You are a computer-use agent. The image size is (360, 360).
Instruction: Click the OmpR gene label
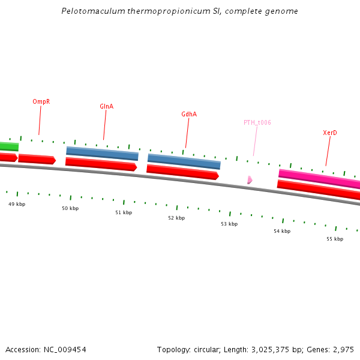[x=41, y=101]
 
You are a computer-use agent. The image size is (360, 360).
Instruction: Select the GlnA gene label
[x=106, y=106]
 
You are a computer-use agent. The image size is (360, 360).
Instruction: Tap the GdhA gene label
[x=189, y=114]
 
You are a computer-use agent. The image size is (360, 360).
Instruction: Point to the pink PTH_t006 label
[x=257, y=122]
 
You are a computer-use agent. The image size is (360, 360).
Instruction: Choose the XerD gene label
[x=329, y=133]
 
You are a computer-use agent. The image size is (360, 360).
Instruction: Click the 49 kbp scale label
[x=17, y=204]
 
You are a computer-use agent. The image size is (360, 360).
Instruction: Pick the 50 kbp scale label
[x=70, y=208]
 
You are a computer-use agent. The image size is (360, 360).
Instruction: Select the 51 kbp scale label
[x=124, y=212]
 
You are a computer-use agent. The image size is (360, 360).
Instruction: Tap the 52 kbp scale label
[x=176, y=218]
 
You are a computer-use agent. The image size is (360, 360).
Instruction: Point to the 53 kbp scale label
[x=229, y=224]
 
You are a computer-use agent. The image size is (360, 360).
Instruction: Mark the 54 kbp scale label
[x=282, y=231]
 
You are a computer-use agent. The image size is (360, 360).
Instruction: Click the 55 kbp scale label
[x=335, y=239]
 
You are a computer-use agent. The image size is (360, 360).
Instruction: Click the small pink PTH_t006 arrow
[x=250, y=179]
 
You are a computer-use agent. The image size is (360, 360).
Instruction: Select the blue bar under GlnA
[x=102, y=153]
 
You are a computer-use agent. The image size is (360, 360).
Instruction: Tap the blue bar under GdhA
[x=184, y=161]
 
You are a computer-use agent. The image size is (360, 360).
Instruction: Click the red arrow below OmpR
[x=37, y=159]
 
